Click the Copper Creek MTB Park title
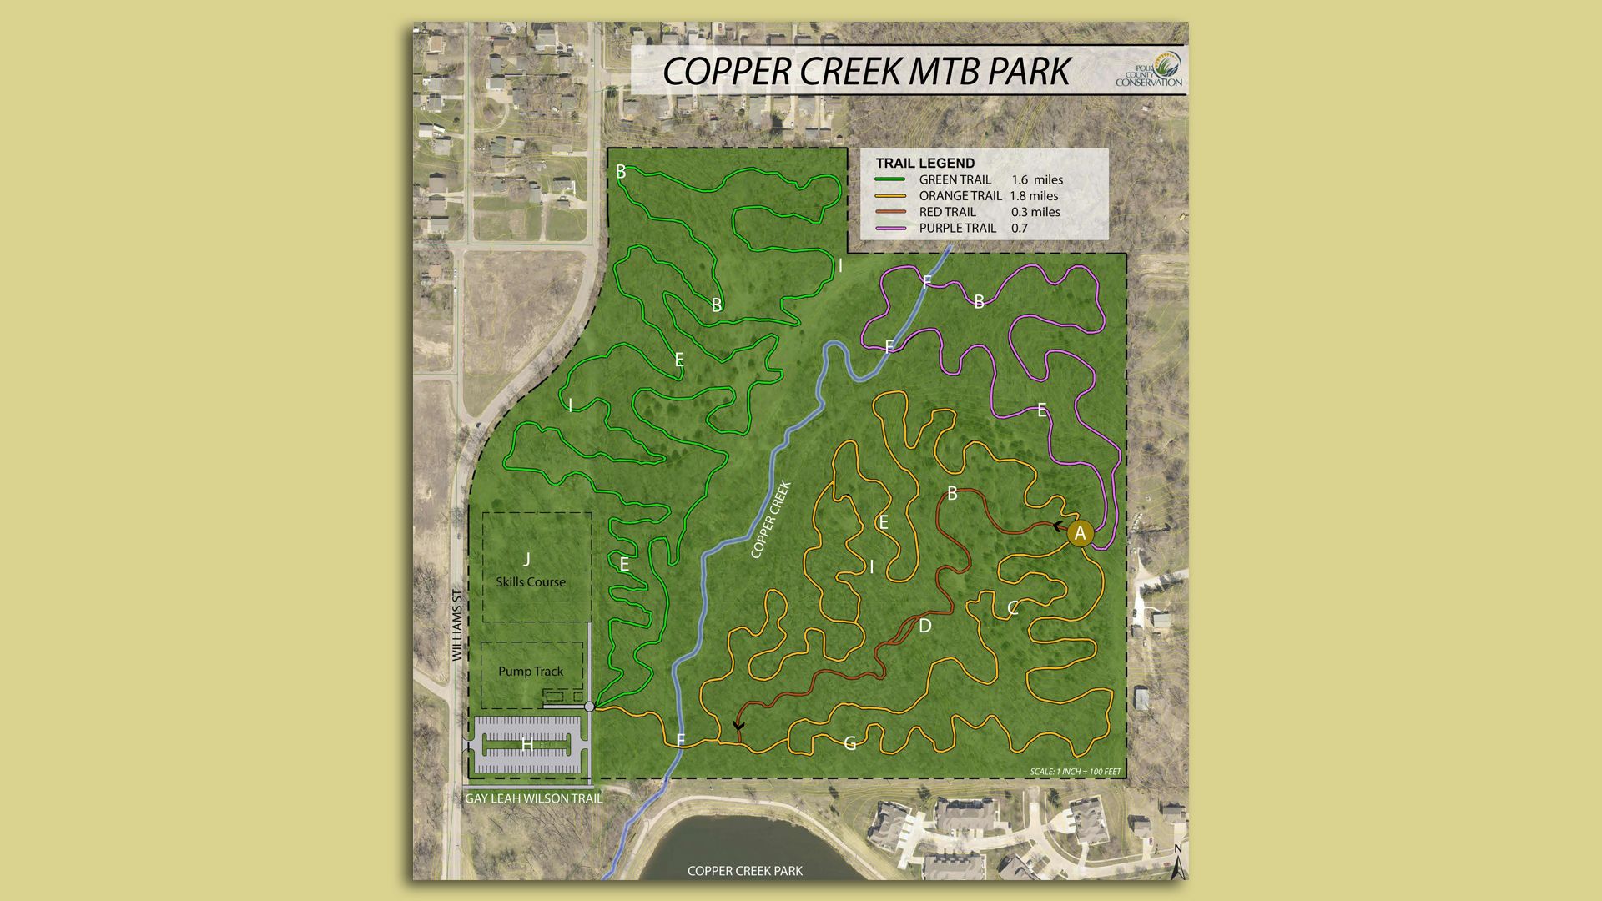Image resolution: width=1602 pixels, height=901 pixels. pos(866,72)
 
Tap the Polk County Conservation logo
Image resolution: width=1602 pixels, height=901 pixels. pos(1150,70)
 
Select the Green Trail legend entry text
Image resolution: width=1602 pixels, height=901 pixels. pos(955,179)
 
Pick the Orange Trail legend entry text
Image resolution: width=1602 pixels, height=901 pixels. pos(960,196)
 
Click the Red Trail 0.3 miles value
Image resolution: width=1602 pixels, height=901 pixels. pos(1035,212)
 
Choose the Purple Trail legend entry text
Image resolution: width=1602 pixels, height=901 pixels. pos(957,228)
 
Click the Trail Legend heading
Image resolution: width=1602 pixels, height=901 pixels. pos(924,163)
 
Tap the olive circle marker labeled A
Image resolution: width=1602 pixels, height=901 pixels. pos(1080,533)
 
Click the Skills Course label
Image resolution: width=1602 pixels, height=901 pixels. pos(531,581)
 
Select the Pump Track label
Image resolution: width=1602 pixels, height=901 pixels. pos(531,671)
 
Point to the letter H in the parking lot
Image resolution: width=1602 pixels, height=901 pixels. pos(527,744)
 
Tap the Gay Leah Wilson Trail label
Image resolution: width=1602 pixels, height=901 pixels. pos(533,798)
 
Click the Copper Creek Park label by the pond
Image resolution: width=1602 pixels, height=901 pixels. pos(744,871)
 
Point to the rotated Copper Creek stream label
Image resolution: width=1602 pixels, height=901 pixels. pos(770,520)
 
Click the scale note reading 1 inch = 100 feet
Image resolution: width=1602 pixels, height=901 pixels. pos(1076,772)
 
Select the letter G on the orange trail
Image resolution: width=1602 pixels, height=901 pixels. pos(850,743)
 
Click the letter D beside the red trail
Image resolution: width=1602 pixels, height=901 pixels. pos(924,626)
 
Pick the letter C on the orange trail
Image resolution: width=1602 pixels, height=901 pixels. pos(1013,608)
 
